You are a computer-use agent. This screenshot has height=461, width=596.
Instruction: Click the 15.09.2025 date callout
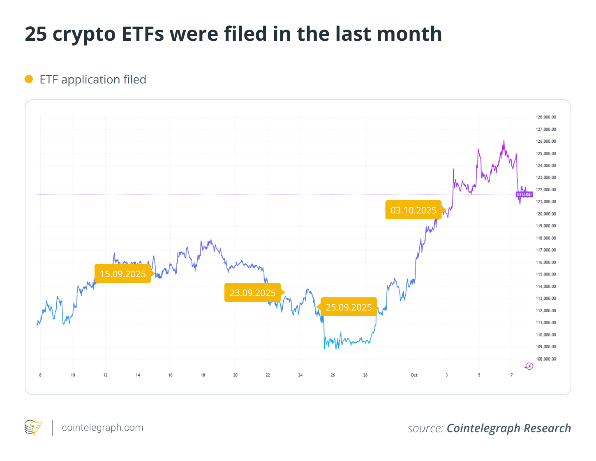(123, 274)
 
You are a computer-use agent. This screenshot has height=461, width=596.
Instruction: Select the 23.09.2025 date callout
(252, 293)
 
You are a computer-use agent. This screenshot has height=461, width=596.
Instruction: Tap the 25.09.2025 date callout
(349, 307)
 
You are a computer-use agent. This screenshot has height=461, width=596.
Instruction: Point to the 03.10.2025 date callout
(413, 210)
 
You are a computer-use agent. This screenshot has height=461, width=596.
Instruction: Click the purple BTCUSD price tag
(524, 195)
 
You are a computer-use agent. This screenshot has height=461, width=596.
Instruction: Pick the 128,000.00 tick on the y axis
(546, 117)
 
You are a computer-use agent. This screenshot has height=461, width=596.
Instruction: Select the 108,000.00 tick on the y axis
(546, 359)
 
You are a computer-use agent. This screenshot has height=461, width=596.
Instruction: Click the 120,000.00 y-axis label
(546, 214)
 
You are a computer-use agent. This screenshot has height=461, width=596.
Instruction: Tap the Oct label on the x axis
(414, 375)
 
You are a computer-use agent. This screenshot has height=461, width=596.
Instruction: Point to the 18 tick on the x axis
(203, 375)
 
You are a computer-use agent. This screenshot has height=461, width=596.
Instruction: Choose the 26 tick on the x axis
(333, 375)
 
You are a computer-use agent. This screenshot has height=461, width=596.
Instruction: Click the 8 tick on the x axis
(40, 375)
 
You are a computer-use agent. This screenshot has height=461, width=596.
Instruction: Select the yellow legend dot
(29, 79)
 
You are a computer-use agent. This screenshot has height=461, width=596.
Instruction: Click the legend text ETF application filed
(93, 79)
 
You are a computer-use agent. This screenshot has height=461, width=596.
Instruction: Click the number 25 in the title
(36, 34)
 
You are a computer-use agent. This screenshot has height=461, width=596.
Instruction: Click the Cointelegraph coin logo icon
(33, 428)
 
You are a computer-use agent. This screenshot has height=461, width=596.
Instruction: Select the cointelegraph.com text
(102, 428)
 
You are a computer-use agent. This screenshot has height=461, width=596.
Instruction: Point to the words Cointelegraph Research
(508, 428)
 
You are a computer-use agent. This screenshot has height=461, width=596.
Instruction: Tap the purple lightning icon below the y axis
(529, 366)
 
